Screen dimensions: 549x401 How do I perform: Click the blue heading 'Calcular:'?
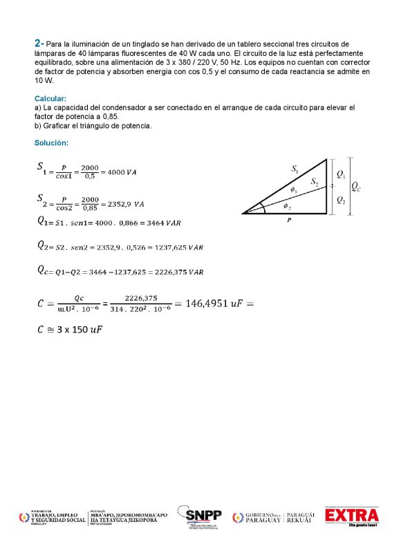tap(50, 99)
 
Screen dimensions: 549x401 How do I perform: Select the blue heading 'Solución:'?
tap(51, 142)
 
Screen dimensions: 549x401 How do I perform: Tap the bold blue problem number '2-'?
tap(39, 43)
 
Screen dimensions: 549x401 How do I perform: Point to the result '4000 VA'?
tap(122, 171)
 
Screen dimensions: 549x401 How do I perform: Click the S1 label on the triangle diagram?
tap(295, 168)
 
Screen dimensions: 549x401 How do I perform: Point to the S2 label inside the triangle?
tap(315, 182)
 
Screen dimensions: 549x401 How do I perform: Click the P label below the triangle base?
tap(288, 220)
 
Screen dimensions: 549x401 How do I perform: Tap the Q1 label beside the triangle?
tap(340, 176)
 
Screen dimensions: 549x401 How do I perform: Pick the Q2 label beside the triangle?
tap(340, 200)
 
